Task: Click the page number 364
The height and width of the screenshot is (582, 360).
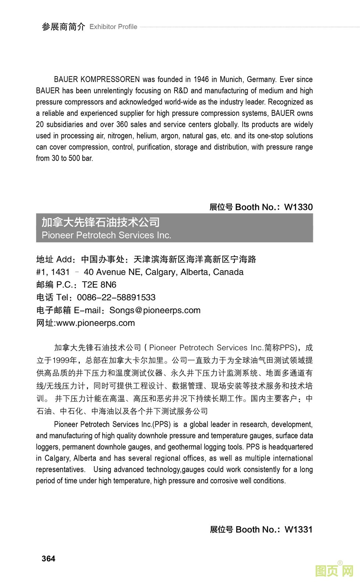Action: click(48, 558)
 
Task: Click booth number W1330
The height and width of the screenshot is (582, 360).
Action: click(298, 207)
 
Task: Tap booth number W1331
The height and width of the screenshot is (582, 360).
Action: click(298, 529)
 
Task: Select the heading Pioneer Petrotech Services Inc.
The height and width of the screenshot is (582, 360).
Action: click(107, 235)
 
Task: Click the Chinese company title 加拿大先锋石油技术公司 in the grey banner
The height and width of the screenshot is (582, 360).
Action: click(101, 222)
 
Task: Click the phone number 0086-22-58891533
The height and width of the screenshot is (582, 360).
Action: click(116, 297)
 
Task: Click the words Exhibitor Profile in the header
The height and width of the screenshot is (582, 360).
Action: click(113, 27)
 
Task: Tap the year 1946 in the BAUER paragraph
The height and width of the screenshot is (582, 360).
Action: click(201, 79)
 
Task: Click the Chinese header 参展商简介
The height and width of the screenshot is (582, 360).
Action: click(63, 27)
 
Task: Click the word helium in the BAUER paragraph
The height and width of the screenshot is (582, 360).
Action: click(147, 136)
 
